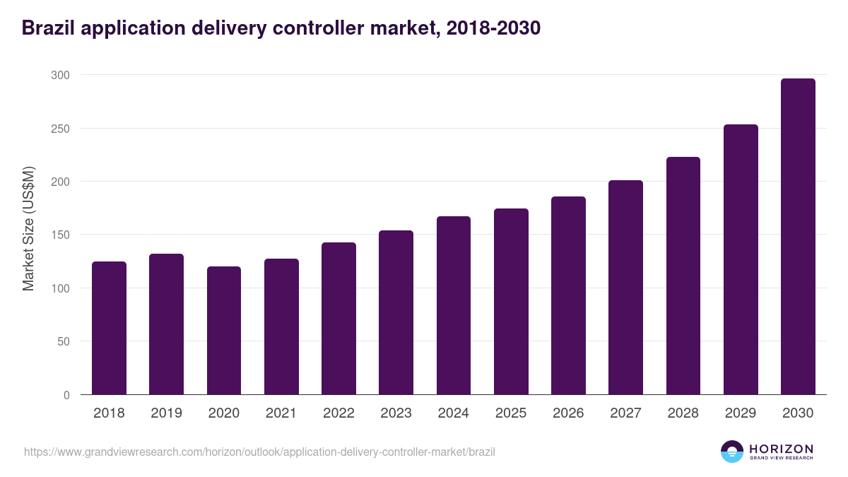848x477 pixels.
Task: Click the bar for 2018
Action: point(109,328)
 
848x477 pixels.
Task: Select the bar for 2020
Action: point(224,331)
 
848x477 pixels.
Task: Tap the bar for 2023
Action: point(396,312)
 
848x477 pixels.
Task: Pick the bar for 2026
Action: point(568,295)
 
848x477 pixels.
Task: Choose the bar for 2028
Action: point(683,276)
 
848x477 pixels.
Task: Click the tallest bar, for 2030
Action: point(798,237)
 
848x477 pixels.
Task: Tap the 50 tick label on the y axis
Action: point(64,341)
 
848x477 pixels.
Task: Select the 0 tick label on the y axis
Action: point(66,395)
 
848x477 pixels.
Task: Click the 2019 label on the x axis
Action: point(166,413)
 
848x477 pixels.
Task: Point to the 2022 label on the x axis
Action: point(338,413)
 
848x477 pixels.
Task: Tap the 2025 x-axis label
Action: point(511,413)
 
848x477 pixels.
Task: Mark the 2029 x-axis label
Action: point(741,413)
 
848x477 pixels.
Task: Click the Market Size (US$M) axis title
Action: point(28,228)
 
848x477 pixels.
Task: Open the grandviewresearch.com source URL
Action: point(259,452)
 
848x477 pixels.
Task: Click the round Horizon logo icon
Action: point(732,452)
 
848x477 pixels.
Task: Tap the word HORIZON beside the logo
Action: point(781,449)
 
